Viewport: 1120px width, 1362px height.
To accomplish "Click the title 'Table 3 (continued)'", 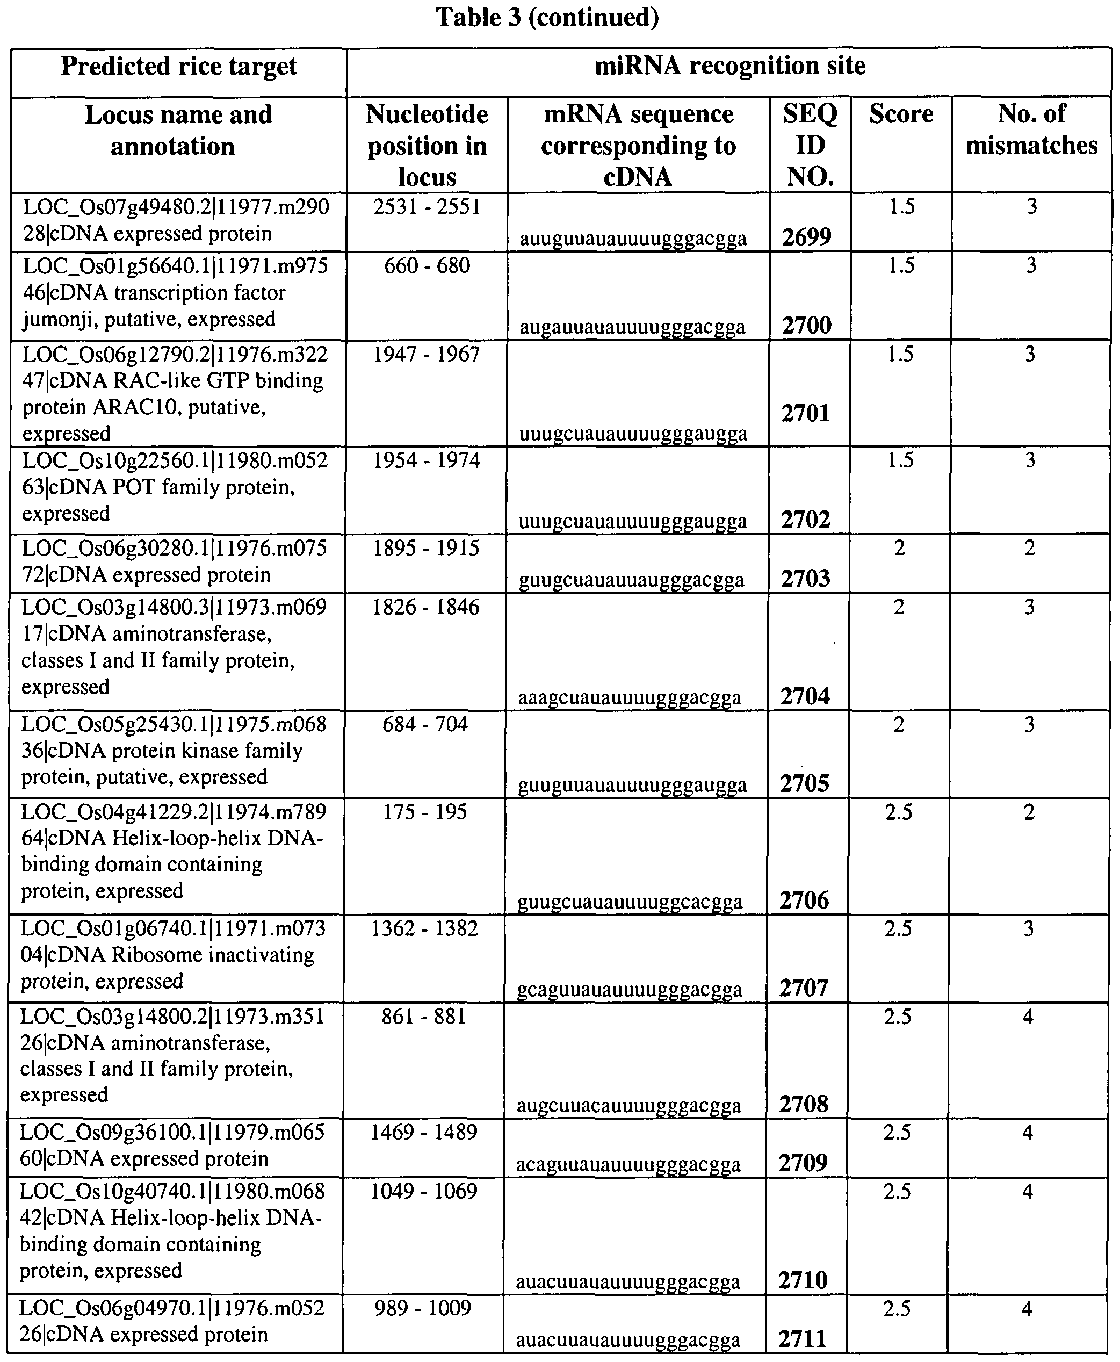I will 547,17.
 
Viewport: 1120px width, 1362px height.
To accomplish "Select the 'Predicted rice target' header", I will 179,67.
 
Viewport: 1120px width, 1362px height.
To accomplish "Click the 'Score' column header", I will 901,114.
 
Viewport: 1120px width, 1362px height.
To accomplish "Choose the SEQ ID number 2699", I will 806,237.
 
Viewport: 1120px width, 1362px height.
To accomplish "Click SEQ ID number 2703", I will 805,578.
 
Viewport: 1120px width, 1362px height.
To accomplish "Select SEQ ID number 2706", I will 804,900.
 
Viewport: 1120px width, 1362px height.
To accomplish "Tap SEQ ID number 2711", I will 802,1339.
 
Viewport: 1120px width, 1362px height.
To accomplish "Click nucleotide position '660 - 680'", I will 427,265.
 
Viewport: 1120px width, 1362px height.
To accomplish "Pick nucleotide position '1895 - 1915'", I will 426,548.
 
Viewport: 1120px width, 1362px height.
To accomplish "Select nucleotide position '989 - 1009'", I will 423,1308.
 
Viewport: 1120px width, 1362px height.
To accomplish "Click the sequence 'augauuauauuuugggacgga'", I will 632,327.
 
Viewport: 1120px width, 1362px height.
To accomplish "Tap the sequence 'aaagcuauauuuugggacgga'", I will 630,697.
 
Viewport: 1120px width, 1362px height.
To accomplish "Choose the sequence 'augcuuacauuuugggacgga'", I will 628,1106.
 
